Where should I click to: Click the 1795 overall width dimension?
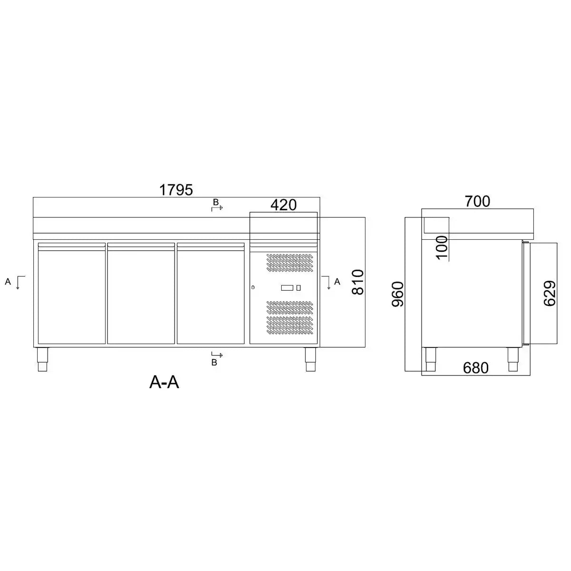point(176,190)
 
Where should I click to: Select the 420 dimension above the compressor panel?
point(283,205)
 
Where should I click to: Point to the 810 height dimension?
point(358,282)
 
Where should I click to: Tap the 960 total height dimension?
point(398,294)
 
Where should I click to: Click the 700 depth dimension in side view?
point(477,201)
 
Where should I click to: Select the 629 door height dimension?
point(550,294)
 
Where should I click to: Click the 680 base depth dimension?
point(475,368)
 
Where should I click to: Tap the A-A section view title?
point(164,382)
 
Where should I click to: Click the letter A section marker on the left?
point(8,281)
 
